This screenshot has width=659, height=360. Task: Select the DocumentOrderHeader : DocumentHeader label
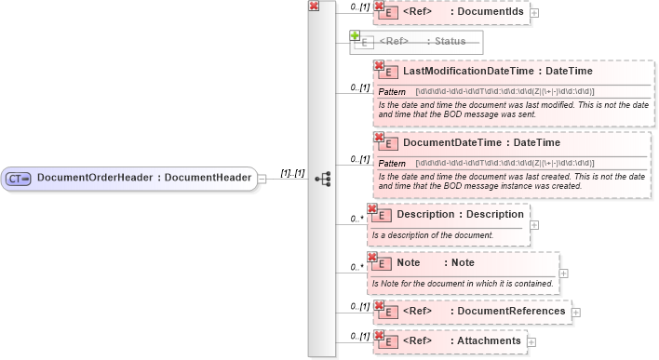click(x=143, y=178)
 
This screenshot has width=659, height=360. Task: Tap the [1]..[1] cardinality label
click(x=292, y=173)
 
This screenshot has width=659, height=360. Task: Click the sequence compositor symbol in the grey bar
click(x=322, y=178)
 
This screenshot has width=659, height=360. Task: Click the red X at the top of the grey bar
click(x=315, y=7)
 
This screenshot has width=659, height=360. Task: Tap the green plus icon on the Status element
click(x=355, y=35)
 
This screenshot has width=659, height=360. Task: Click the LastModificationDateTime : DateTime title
click(x=498, y=71)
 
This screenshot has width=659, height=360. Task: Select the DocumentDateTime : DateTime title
click(x=481, y=143)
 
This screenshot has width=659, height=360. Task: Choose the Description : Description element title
click(x=460, y=214)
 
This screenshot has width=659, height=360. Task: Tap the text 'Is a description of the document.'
click(x=432, y=235)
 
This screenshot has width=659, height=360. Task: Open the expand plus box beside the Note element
click(x=564, y=273)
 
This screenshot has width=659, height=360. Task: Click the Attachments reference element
click(x=461, y=341)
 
